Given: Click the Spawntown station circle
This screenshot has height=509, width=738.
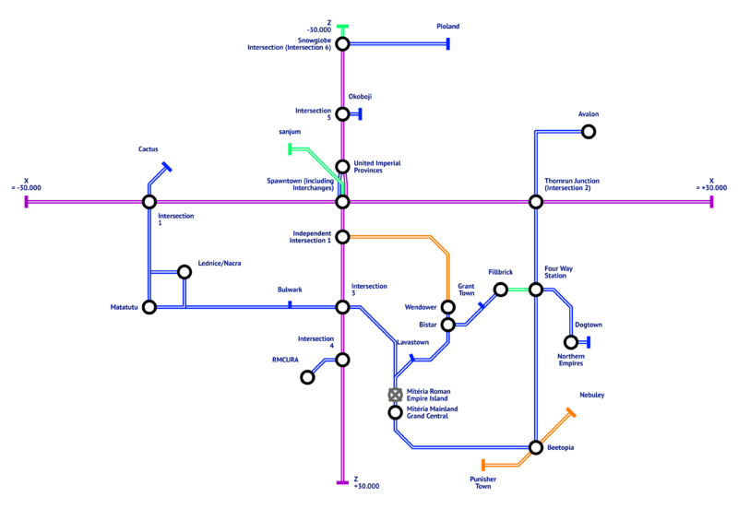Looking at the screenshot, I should coord(342,202).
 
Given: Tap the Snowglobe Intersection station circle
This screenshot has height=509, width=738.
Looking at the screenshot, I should coord(342,43).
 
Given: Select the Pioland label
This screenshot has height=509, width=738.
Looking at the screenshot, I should coord(447,27).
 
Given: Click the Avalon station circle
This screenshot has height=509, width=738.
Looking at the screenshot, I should coord(588,132).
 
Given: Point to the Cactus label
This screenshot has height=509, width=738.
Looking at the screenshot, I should coord(149,148).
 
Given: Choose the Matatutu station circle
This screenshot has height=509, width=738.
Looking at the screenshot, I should coord(149,307).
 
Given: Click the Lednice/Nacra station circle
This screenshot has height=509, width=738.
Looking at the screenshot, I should coord(184,272).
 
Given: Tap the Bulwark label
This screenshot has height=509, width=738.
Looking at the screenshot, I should coord(290,290).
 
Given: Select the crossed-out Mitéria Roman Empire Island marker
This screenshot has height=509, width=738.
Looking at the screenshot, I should coord(395,395).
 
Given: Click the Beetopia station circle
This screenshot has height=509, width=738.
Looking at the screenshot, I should coord(535,447).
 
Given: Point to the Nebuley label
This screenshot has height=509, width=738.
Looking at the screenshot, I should coord(591,396).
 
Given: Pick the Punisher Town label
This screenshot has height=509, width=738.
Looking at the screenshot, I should coord(482,482).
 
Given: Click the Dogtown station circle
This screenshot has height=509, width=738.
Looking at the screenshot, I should coord(570,342).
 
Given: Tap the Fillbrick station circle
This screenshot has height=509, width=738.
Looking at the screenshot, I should coord(500,290).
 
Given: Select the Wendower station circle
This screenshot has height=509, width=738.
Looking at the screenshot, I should coord(447,307).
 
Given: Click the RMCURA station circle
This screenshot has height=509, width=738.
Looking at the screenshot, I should coord(307,377).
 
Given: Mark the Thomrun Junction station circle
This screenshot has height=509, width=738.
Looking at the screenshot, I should coord(535,202).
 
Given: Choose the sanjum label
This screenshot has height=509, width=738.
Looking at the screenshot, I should coord(290,132).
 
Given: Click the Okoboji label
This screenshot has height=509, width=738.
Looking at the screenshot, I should coord(360,96).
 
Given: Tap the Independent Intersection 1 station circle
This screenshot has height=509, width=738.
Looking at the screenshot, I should coord(342,237).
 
